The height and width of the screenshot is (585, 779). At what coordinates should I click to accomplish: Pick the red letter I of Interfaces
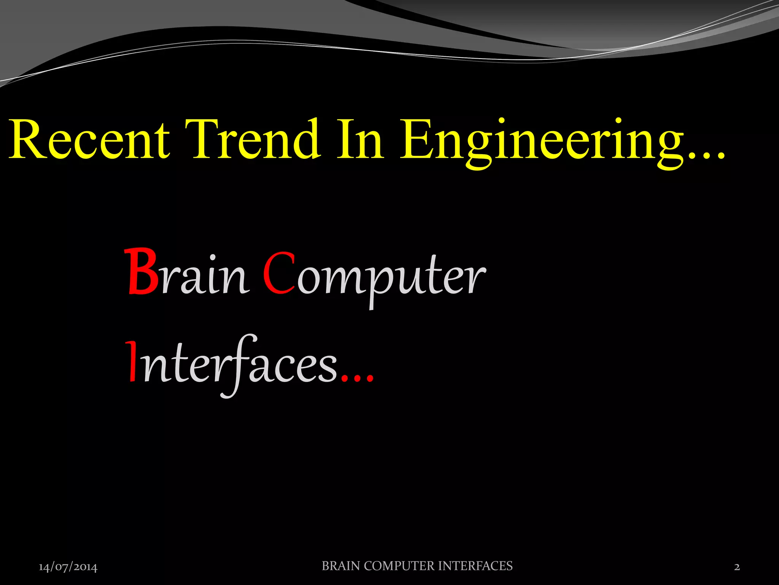tap(132, 361)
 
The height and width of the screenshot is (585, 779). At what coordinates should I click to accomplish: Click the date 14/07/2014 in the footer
tap(68, 567)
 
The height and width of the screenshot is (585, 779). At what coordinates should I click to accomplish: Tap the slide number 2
tap(737, 567)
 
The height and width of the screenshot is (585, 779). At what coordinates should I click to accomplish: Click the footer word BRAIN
tap(341, 566)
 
